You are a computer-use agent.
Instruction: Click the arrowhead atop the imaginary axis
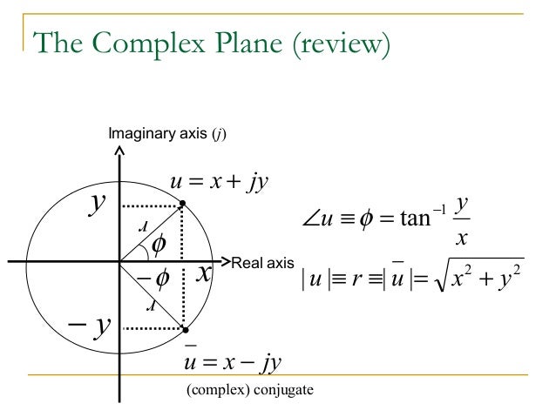[x=119, y=151]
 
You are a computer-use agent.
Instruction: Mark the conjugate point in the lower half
[x=185, y=330]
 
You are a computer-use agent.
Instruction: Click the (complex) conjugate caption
[x=250, y=389]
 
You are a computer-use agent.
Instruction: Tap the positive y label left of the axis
[x=99, y=205]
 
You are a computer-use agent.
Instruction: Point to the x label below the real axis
[x=204, y=274]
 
